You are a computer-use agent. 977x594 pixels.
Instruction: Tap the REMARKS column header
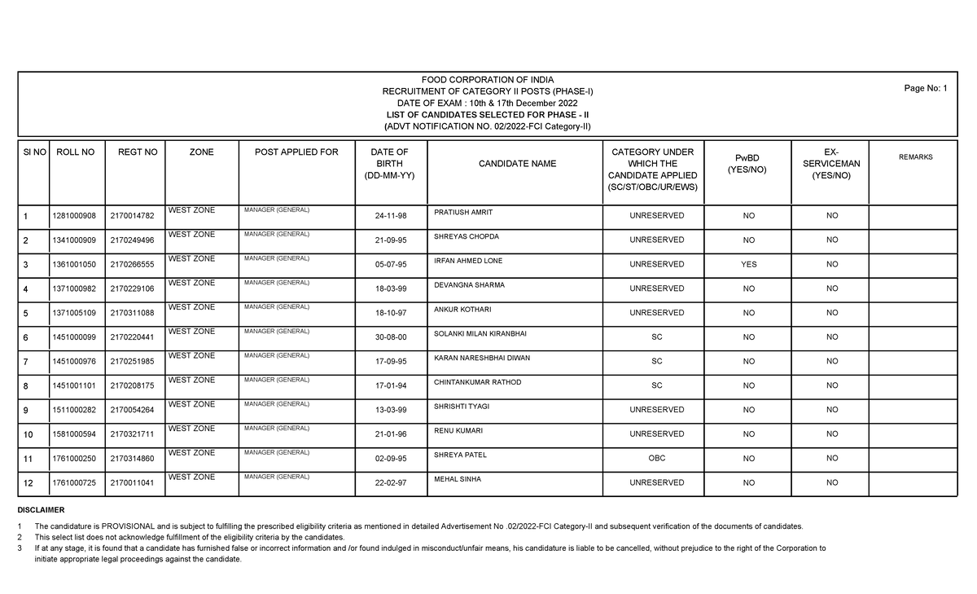[x=916, y=157]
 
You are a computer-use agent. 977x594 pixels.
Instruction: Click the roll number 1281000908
[x=73, y=216]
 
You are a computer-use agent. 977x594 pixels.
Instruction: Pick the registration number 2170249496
[x=132, y=240]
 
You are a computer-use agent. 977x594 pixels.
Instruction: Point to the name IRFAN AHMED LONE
[x=468, y=261]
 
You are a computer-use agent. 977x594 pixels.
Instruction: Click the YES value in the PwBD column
[x=748, y=264]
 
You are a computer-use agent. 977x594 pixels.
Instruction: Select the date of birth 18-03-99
[x=391, y=288]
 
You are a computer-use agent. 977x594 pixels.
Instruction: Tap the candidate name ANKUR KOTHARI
[x=462, y=310]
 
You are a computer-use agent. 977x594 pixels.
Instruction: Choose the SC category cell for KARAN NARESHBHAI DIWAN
[x=656, y=361]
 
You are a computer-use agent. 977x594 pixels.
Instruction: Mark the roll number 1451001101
[x=73, y=385]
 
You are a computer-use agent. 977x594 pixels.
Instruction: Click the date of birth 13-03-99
[x=391, y=410]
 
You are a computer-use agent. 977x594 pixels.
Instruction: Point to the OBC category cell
[x=656, y=458]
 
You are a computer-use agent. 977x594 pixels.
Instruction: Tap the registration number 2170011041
[x=132, y=482]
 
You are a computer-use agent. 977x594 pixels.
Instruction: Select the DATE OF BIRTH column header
[x=389, y=164]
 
